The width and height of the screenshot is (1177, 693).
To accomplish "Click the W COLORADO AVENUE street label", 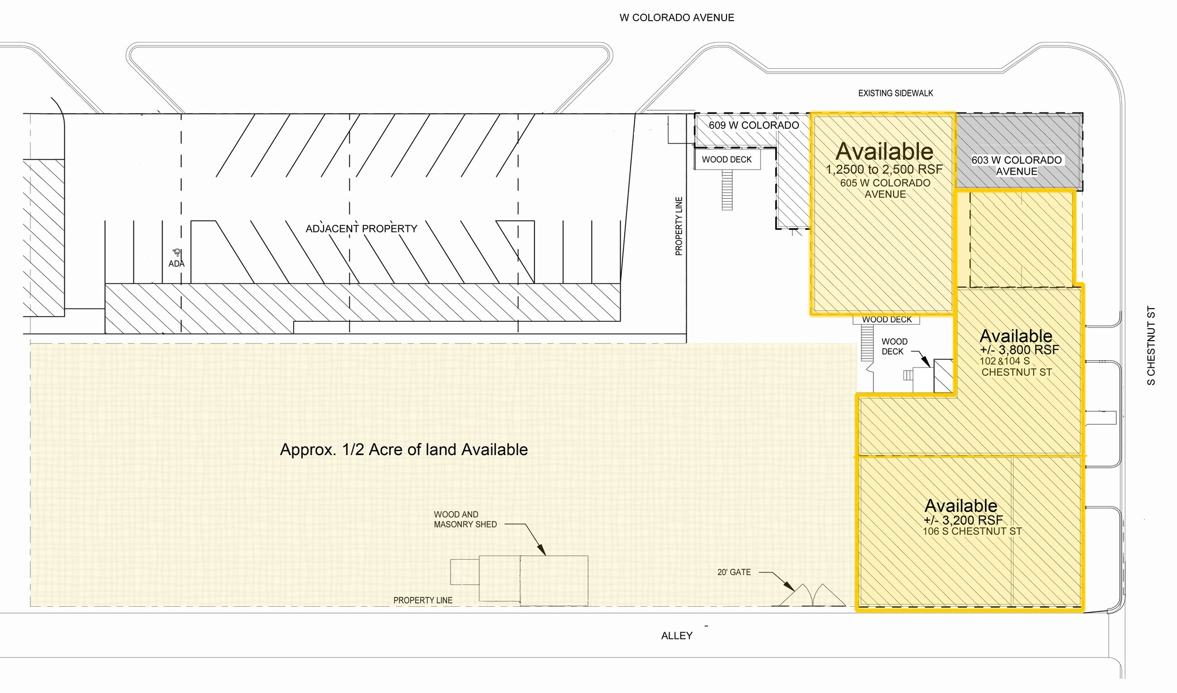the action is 676,18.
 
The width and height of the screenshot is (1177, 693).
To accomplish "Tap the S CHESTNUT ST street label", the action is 1151,345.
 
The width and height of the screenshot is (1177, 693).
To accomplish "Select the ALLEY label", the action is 676,636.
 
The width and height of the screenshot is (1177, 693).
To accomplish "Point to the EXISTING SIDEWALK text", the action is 895,93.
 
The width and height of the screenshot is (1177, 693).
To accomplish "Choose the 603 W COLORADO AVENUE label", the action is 1017,165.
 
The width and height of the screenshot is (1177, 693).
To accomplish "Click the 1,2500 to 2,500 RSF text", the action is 884,170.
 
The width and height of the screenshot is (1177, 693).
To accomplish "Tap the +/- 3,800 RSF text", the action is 1019,350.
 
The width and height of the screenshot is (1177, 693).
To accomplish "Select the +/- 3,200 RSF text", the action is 963,520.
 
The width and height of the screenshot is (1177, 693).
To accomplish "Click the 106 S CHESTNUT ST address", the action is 972,532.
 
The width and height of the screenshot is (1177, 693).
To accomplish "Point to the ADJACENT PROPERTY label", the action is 361,229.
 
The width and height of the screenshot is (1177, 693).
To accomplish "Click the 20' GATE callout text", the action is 734,572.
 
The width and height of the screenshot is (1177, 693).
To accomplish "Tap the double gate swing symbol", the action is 809,595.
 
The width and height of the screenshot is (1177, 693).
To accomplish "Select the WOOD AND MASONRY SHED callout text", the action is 465,519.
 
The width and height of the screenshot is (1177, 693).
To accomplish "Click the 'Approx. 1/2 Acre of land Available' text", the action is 403,449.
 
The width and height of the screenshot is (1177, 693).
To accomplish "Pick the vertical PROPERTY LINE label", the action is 679,226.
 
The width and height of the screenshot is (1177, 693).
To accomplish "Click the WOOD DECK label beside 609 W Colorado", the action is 726,160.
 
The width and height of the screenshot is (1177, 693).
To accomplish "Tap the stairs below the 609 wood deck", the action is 727,190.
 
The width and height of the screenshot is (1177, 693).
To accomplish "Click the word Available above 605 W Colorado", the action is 884,152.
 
